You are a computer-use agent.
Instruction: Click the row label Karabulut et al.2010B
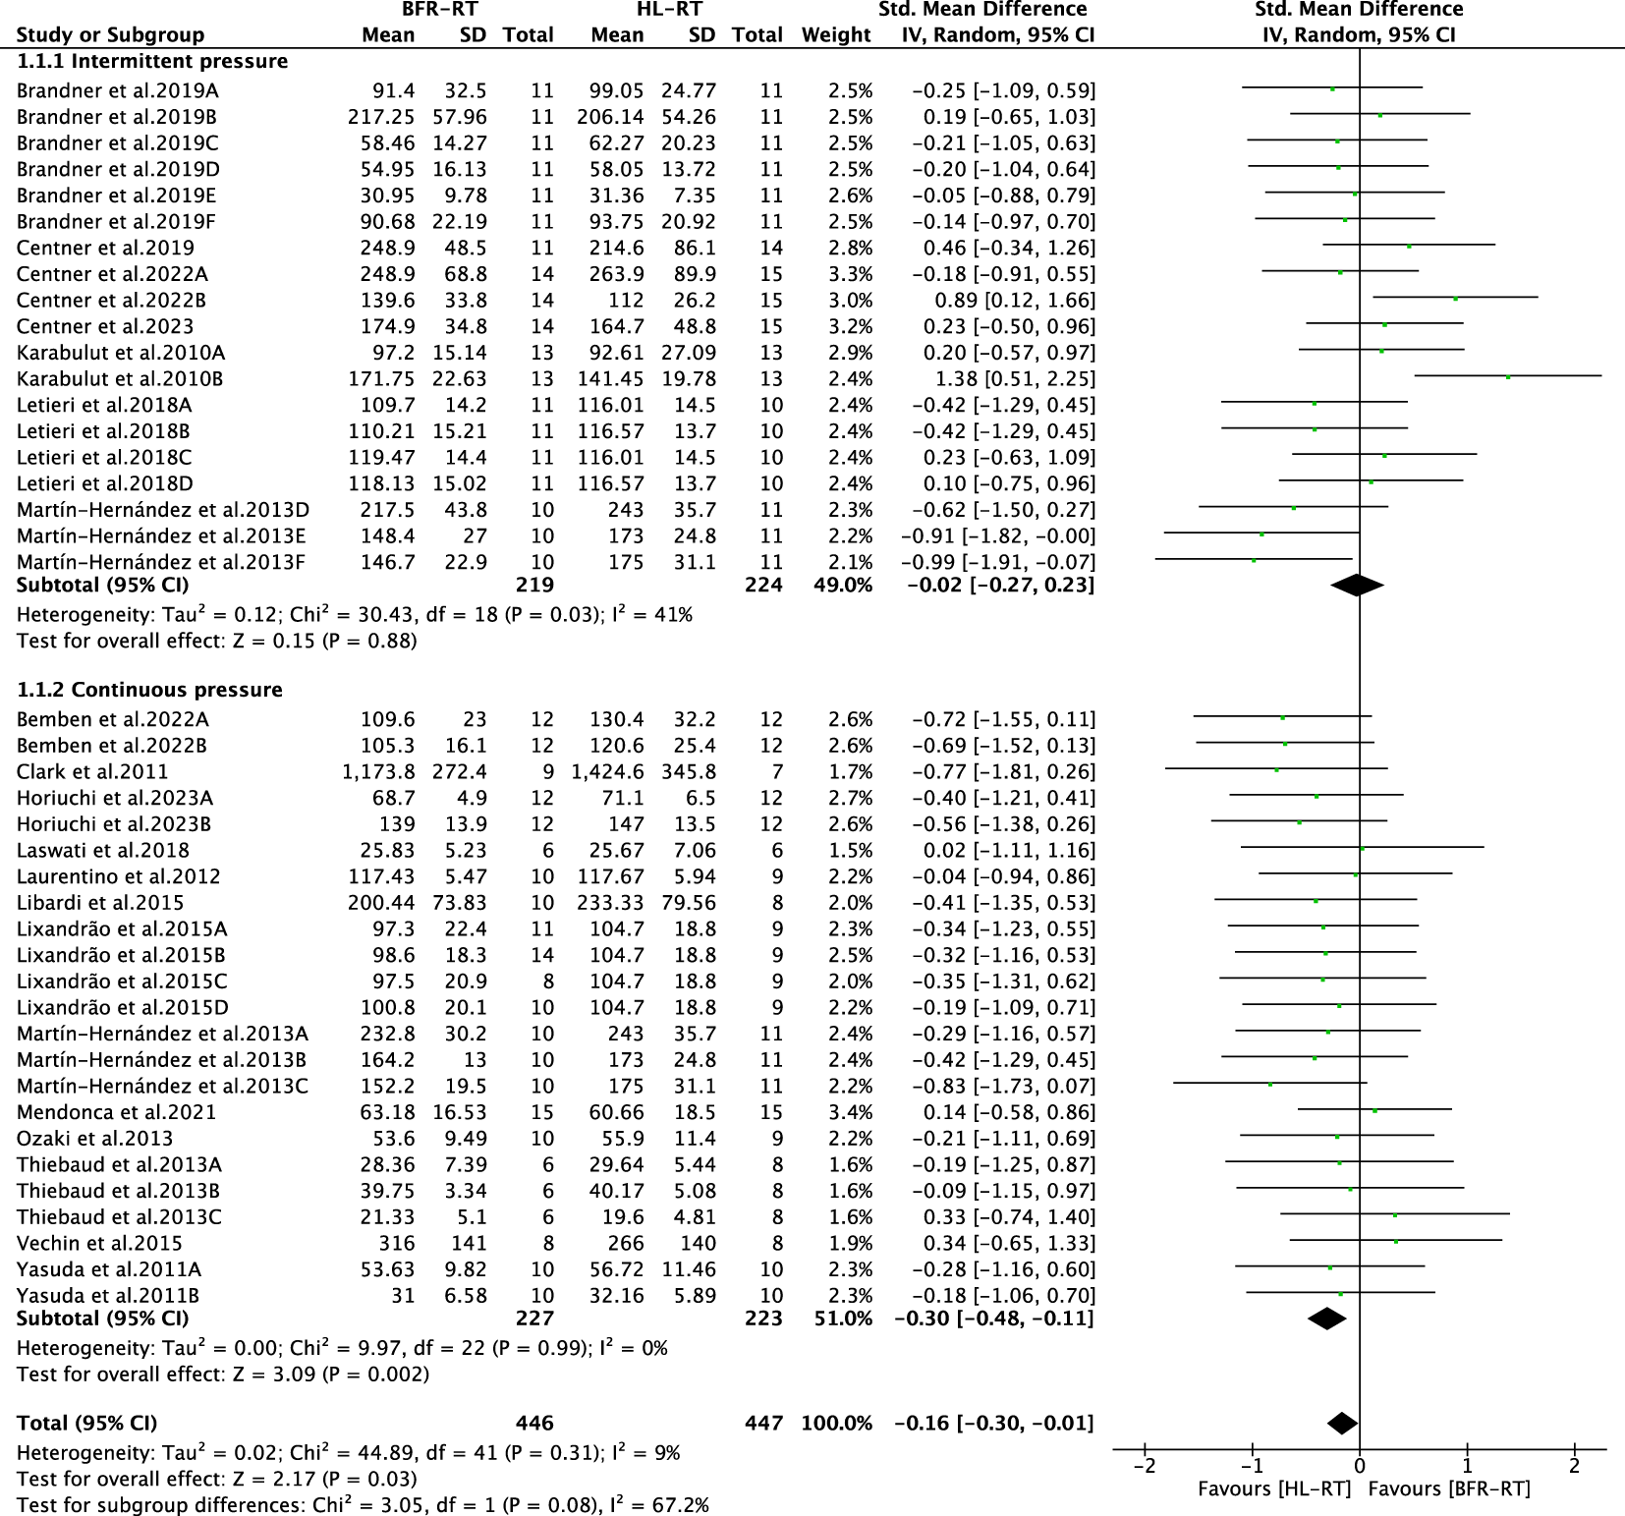[120, 379]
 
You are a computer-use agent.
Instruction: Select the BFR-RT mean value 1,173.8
[378, 772]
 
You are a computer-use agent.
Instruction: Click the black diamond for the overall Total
[1342, 1423]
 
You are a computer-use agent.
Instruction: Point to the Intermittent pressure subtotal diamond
[1357, 586]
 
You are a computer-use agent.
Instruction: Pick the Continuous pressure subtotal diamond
[1327, 1319]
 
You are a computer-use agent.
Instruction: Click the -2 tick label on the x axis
[1144, 1466]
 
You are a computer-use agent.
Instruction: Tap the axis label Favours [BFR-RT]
[1448, 1489]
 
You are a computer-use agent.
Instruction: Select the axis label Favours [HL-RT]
[1274, 1489]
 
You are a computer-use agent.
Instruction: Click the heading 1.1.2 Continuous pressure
[149, 690]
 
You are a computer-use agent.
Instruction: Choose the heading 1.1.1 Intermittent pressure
[152, 61]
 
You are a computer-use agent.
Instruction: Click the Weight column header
[836, 35]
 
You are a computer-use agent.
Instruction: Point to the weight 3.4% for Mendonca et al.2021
[850, 1112]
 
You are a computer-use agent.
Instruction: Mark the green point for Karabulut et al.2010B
[1508, 376]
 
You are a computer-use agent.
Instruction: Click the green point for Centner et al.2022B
[1455, 298]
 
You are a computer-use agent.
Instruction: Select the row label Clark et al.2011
[92, 772]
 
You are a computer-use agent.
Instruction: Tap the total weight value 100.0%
[836, 1423]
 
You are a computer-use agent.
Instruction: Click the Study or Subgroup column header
[110, 35]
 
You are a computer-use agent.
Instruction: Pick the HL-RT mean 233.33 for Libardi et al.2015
[611, 903]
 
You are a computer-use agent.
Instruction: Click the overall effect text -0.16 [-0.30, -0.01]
[993, 1423]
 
